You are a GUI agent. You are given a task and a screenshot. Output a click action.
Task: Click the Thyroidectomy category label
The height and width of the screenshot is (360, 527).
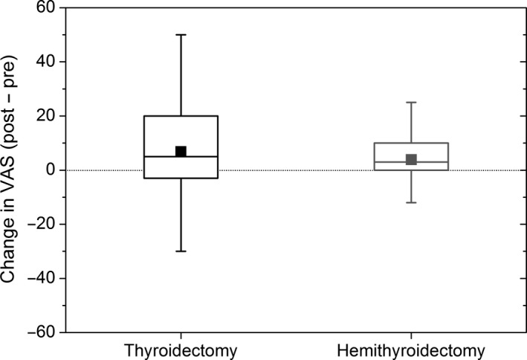180,350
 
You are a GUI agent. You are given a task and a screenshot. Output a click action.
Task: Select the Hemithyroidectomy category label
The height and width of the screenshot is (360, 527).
411,350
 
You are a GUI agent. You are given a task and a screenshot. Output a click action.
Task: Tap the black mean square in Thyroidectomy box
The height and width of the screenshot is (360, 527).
180,152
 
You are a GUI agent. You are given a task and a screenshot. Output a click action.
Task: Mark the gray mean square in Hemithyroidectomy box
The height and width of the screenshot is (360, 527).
411,159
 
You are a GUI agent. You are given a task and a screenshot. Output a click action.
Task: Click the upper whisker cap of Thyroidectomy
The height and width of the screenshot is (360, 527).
180,34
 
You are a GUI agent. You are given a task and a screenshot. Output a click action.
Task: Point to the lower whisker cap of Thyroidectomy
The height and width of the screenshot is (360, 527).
180,251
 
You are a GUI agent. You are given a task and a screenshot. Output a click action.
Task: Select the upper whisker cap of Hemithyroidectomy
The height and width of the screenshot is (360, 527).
411,103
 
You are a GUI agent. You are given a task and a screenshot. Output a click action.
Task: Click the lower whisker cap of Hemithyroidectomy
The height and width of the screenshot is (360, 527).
411,202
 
